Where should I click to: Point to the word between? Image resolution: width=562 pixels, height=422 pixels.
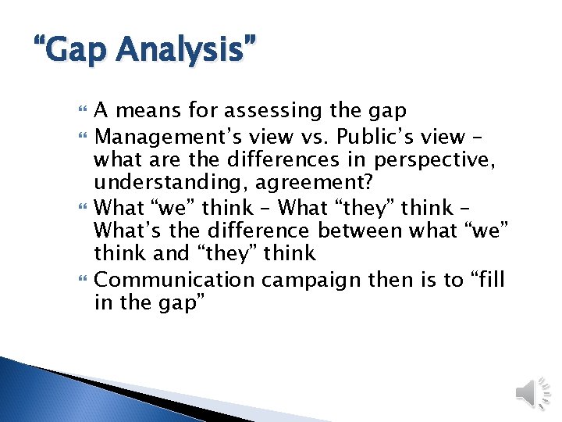tap(361, 231)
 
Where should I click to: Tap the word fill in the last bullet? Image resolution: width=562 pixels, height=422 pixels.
tap(489, 279)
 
